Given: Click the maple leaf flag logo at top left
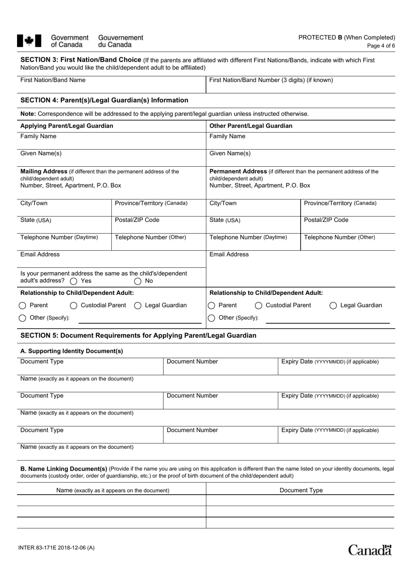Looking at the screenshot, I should [29, 41].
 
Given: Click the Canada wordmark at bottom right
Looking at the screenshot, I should [370, 550].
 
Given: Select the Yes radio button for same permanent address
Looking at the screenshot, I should [74, 281].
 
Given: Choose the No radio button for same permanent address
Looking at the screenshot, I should [138, 281].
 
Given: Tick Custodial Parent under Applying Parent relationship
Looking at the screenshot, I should [74, 306].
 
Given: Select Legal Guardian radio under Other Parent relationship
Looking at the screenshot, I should [333, 306].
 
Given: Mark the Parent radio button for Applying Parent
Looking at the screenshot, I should [23, 306].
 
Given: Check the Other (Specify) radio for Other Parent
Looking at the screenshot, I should [211, 318].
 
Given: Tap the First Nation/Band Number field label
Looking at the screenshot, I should [271, 80].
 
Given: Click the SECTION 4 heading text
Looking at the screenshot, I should [104, 100].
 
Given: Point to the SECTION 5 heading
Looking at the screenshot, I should [138, 335].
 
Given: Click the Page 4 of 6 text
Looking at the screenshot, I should [381, 45].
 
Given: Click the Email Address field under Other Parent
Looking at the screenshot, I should [301, 262].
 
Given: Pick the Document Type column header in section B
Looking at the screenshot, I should [301, 490].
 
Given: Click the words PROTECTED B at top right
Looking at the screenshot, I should [320, 38].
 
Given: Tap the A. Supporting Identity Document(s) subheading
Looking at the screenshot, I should [72, 351].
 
